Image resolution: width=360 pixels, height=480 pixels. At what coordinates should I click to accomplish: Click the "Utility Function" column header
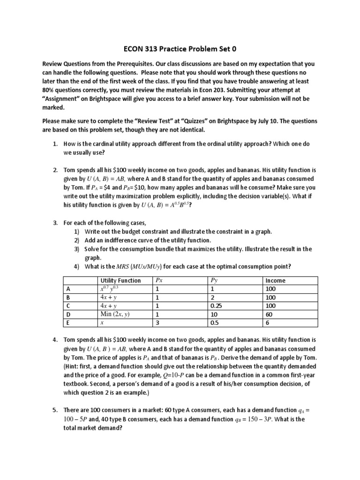(120, 280)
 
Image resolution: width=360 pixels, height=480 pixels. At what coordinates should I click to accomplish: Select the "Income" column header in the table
(275, 280)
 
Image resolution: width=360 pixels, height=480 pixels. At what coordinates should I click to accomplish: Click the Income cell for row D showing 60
(270, 314)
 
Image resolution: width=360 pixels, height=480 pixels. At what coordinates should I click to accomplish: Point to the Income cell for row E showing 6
(268, 322)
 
